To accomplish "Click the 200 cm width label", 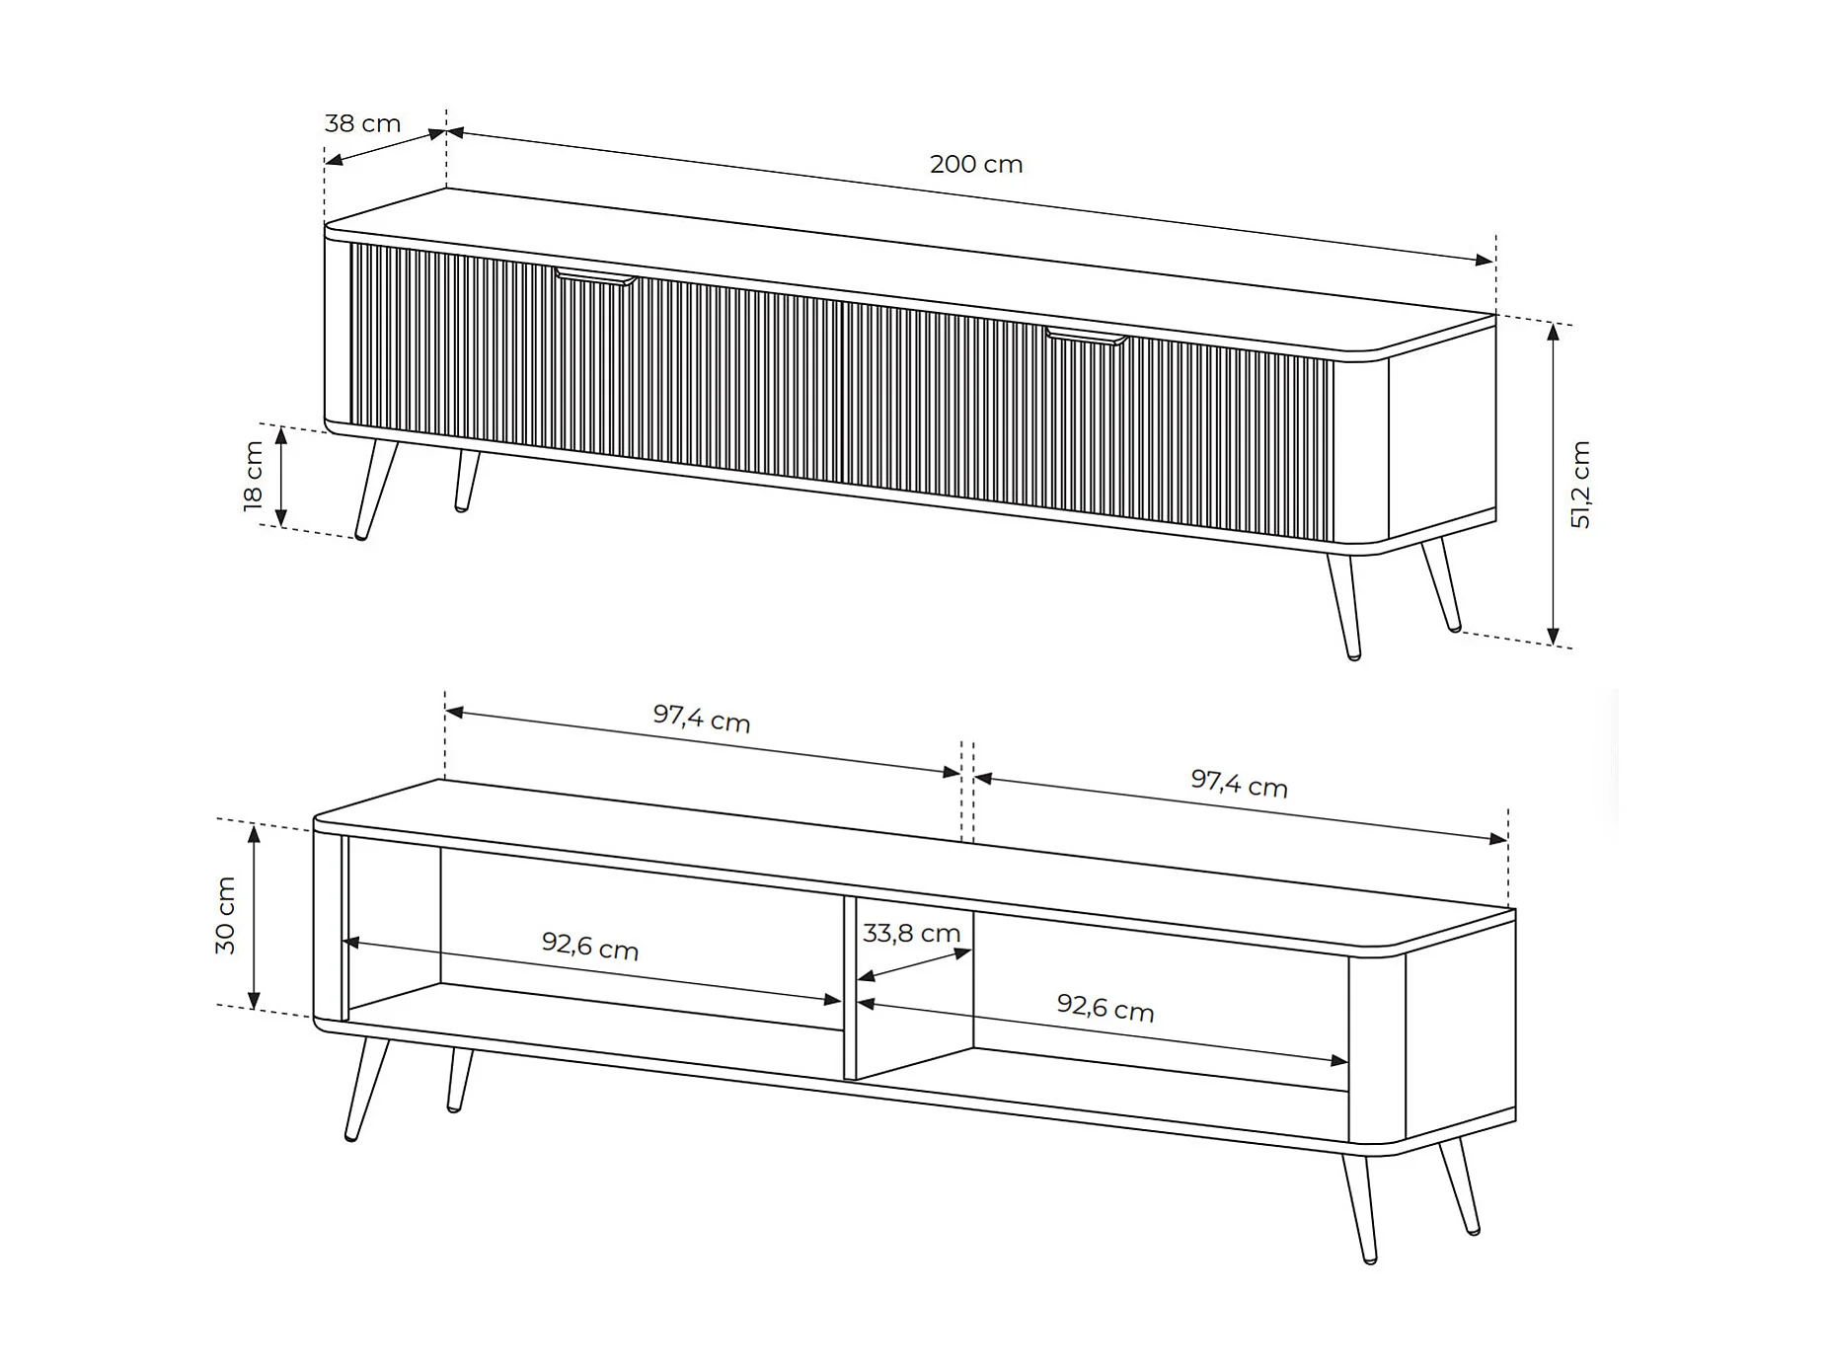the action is click(x=976, y=164).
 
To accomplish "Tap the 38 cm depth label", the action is click(x=362, y=123).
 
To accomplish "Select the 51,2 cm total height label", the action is click(x=1580, y=485).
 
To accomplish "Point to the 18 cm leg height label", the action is click(x=254, y=477).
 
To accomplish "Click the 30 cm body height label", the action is click(x=225, y=916).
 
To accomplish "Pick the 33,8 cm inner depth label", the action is click(x=911, y=933).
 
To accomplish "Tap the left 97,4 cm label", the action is click(x=702, y=719).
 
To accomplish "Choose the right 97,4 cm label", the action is click(x=1239, y=784).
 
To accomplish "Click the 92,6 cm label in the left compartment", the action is click(x=590, y=946).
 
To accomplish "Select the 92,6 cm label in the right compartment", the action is click(x=1105, y=1007).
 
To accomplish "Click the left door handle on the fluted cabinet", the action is click(x=595, y=276).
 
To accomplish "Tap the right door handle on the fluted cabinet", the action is click(x=1086, y=336).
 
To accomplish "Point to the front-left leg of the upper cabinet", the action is click(x=376, y=489).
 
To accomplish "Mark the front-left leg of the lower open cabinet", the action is click(x=366, y=1089).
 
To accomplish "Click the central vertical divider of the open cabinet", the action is click(x=850, y=987).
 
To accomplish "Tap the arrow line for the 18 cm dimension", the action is click(x=281, y=477).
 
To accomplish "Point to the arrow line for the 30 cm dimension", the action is click(x=254, y=917).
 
